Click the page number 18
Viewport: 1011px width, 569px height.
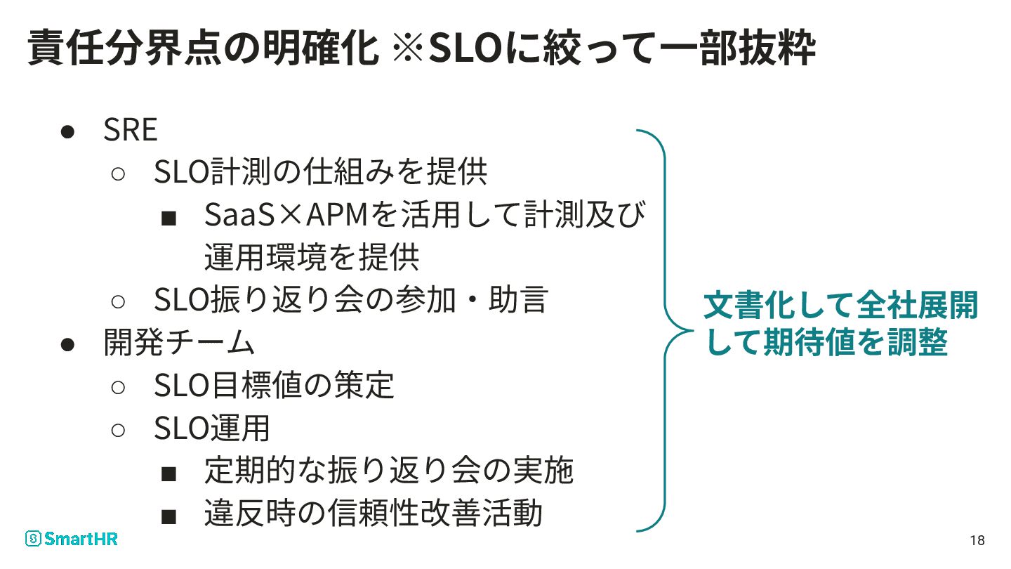977,540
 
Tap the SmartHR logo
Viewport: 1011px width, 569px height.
71,539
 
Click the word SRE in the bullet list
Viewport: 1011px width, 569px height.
131,130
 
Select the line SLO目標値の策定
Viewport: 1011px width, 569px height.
274,386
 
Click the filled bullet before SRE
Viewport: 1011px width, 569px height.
67,131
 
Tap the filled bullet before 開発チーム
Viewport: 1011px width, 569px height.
67,344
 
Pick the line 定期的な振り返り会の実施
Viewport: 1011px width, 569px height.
388,471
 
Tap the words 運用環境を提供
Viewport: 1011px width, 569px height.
312,258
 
